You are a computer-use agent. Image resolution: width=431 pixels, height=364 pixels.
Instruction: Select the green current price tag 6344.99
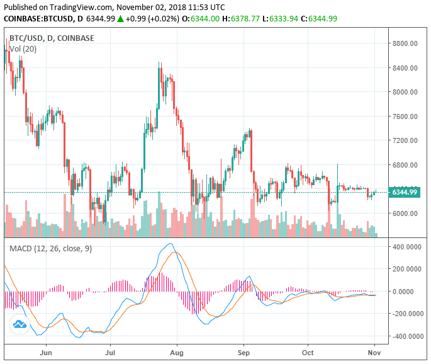[403, 192]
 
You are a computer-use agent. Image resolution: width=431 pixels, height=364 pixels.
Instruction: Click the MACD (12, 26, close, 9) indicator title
[50, 248]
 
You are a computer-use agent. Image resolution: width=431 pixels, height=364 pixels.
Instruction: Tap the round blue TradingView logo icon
[20, 324]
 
